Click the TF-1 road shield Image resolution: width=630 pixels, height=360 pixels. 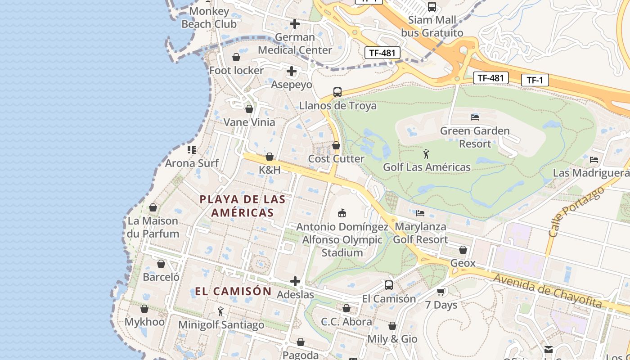click(x=535, y=81)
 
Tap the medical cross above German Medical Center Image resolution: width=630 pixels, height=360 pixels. click(x=295, y=23)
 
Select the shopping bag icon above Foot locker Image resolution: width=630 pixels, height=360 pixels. click(x=236, y=57)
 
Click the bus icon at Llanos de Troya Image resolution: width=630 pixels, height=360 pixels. click(x=337, y=92)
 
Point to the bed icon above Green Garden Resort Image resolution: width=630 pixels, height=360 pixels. click(x=474, y=117)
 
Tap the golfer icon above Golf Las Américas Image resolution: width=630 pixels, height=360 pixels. click(x=426, y=154)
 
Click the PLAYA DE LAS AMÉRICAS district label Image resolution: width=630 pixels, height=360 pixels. click(x=243, y=206)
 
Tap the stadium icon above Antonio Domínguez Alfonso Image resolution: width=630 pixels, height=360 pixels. click(x=342, y=213)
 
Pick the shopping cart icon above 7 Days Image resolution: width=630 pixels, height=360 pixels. click(x=441, y=292)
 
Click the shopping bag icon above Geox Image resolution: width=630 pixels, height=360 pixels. click(x=463, y=250)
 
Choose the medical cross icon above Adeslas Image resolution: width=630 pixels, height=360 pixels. click(x=295, y=282)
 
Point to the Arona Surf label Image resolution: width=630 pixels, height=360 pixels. click(x=192, y=163)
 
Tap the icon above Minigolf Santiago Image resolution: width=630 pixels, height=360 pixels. click(x=220, y=311)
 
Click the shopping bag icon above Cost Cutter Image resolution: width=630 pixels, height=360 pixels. click(x=336, y=145)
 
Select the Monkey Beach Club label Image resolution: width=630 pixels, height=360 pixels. click(x=209, y=18)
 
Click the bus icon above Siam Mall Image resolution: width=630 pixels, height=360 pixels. click(x=432, y=7)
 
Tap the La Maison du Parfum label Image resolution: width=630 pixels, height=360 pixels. click(x=153, y=227)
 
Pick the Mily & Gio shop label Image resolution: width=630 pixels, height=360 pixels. click(x=392, y=339)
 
